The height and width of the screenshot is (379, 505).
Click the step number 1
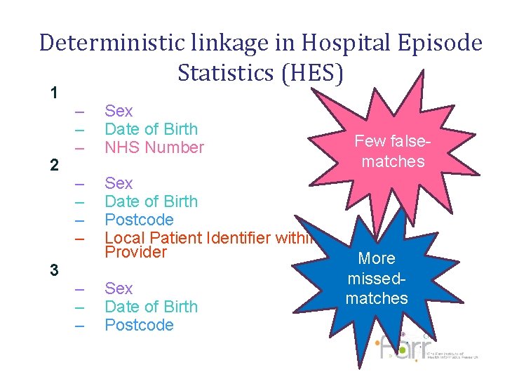[x=54, y=93]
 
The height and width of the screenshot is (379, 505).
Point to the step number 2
[x=54, y=166]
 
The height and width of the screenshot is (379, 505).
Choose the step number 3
[x=54, y=270]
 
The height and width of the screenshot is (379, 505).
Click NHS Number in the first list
[x=154, y=147]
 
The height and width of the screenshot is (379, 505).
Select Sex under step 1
[x=119, y=111]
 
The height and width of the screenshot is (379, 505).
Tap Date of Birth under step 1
[x=151, y=129]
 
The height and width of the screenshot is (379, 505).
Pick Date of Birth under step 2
[x=151, y=201]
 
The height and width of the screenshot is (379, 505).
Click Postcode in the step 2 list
[x=139, y=220]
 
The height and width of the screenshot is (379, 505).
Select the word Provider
[x=135, y=251]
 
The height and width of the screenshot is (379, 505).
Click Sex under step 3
[x=119, y=288]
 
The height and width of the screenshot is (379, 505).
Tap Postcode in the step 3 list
[x=139, y=325]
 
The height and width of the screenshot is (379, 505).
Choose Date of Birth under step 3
[x=151, y=307]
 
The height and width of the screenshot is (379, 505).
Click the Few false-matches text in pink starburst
[x=389, y=151]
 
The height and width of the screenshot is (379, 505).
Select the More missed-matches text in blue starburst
[x=377, y=278]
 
